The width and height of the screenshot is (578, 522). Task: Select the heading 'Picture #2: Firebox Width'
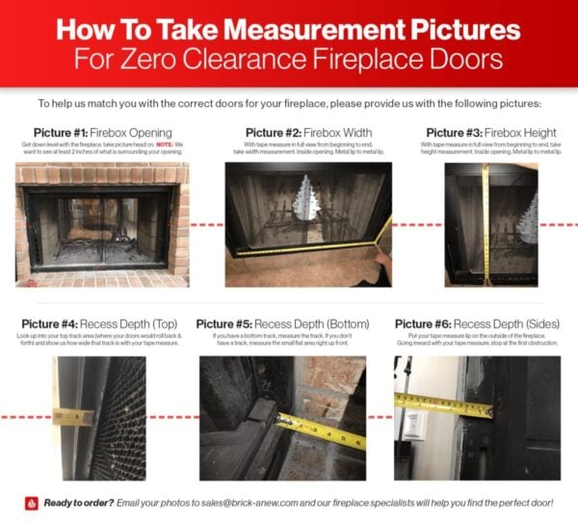click(x=306, y=132)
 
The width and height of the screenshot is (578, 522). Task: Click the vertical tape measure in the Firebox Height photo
click(x=485, y=222)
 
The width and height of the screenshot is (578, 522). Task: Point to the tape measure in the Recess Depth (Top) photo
click(x=73, y=418)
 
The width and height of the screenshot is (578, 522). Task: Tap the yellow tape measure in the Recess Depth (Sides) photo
click(x=444, y=405)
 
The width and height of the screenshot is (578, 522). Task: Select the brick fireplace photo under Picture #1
click(x=101, y=224)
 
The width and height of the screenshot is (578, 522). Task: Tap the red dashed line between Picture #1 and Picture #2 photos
click(x=206, y=224)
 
